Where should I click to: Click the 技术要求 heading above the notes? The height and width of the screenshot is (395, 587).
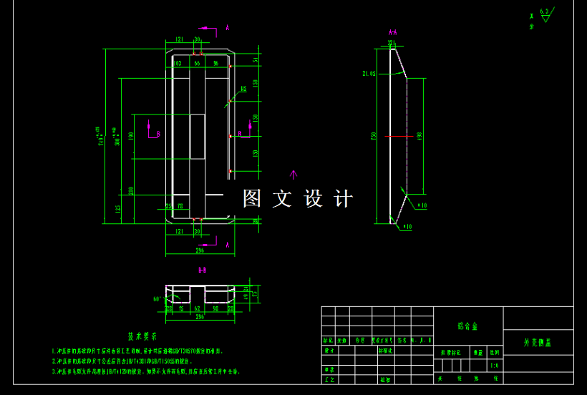pos(142,336)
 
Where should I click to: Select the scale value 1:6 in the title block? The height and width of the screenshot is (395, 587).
pos(495,365)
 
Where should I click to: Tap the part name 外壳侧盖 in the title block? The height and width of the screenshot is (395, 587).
pos(538,343)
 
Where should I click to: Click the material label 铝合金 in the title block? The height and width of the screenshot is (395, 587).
pos(468,326)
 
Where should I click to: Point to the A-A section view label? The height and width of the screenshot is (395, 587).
pos(392,33)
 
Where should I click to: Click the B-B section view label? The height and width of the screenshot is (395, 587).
pos(203,271)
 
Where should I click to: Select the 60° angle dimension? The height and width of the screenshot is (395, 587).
pos(157,299)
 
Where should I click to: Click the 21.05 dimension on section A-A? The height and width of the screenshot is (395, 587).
pos(369,73)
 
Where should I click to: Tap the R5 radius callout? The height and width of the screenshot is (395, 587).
pos(243,89)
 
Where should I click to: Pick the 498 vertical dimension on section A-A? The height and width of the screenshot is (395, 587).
pos(419,135)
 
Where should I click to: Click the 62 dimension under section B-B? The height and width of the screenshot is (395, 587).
pos(198,309)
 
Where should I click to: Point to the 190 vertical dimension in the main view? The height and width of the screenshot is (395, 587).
pos(131,135)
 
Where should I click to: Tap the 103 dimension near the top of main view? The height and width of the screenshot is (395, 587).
pos(178,63)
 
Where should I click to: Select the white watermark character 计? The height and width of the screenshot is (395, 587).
pos(344,199)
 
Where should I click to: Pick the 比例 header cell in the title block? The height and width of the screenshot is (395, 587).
pos(495,352)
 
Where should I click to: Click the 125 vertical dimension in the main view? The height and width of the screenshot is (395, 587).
pos(117,208)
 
